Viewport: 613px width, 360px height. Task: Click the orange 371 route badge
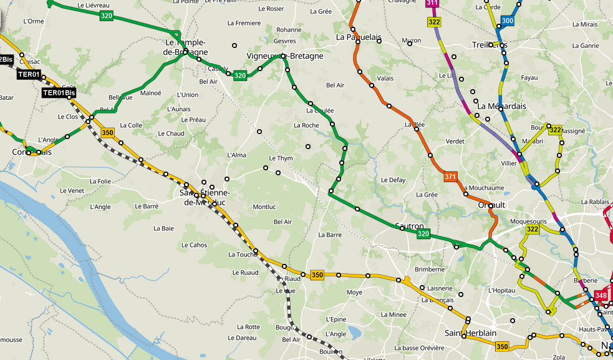click(x=450, y=177)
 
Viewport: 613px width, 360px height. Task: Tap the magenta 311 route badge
click(x=432, y=3)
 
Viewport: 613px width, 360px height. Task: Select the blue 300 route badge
click(x=508, y=21)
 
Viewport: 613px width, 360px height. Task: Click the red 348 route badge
click(x=601, y=295)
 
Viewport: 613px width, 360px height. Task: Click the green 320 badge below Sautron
click(x=423, y=234)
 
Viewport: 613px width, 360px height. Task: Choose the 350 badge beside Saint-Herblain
click(x=503, y=346)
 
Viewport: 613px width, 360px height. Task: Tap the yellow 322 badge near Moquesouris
click(x=532, y=230)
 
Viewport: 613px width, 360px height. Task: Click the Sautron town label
click(x=410, y=226)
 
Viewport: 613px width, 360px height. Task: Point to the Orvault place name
click(x=491, y=205)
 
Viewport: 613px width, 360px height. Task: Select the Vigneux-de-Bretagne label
click(x=285, y=56)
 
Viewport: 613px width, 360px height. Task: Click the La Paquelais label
click(x=359, y=37)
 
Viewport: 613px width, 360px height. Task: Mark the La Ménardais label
click(x=501, y=106)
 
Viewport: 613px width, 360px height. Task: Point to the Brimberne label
click(x=430, y=270)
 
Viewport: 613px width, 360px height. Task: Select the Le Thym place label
click(x=281, y=158)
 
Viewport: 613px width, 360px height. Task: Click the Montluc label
click(x=264, y=207)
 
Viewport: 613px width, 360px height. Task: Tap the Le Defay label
click(x=393, y=180)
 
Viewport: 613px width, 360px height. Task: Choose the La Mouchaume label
click(x=483, y=188)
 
